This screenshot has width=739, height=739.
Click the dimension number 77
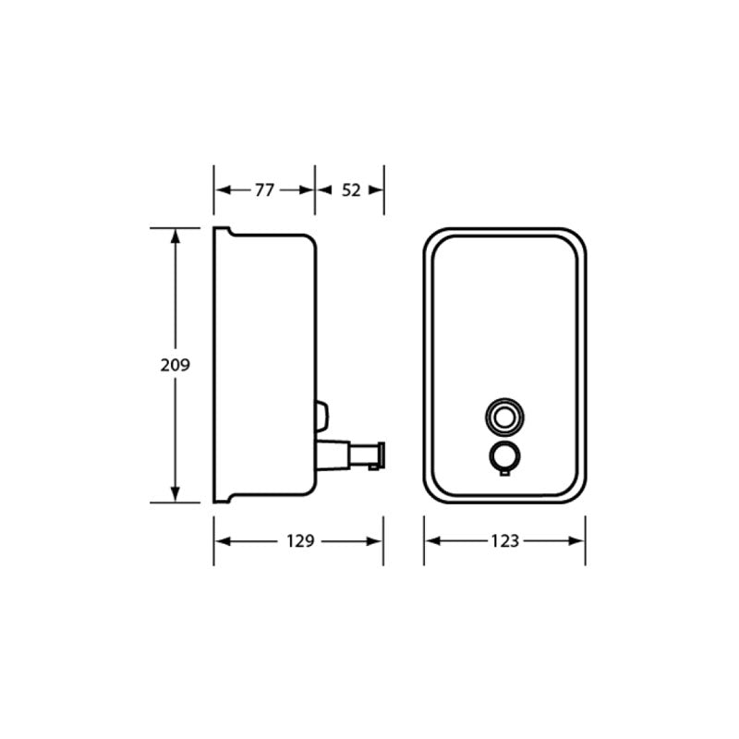pos(264,190)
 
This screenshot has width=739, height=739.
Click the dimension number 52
pos(351,190)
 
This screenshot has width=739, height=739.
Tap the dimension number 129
pos(299,540)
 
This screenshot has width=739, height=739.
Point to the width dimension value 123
pos(504,540)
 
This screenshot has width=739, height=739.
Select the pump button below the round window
pos(503,457)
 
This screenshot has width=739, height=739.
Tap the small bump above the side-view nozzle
pos(321,415)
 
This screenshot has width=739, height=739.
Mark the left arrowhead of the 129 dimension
pos(222,540)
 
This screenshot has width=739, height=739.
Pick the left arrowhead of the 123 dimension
pos(431,540)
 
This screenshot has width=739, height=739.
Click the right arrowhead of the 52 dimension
pos(376,190)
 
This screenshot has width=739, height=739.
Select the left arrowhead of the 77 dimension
pos(222,190)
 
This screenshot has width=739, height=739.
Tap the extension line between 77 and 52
pos(315,190)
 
